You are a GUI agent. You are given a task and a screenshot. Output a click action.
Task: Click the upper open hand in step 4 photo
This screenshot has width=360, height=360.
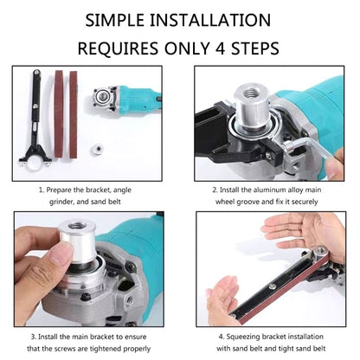click(299, 229)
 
